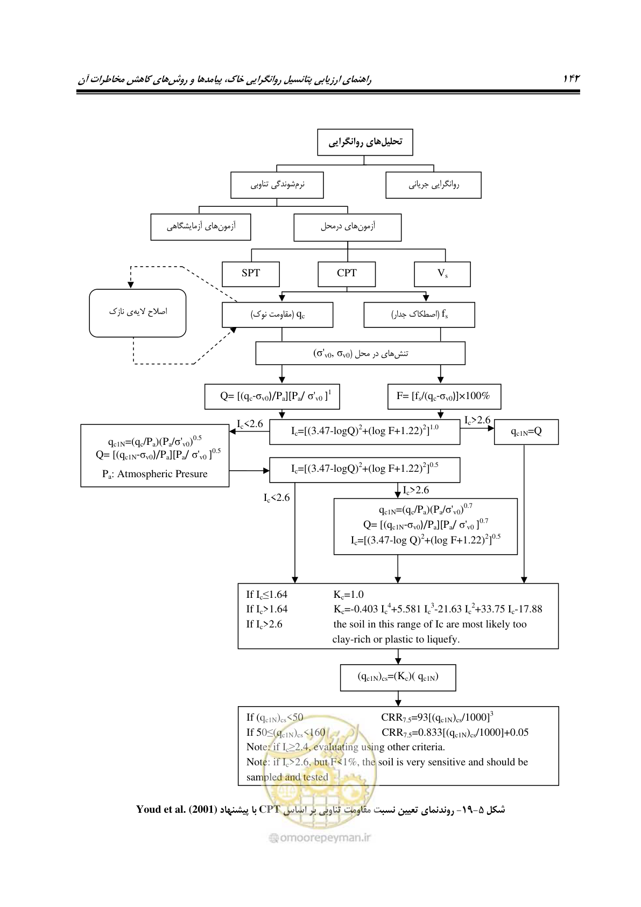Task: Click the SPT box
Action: pos(250,274)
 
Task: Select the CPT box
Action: pos(347,274)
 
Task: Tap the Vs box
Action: pos(442,274)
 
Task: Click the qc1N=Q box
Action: pos(526,432)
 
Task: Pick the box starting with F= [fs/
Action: pos(444,396)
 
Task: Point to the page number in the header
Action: pos(572,79)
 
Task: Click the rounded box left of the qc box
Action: pos(138,313)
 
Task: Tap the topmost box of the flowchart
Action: pos(365,142)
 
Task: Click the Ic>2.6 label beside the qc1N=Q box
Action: pos(477,420)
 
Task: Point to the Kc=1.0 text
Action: pos(348,595)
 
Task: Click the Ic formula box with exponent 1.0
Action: pos(364,432)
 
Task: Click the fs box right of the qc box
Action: pos(419,315)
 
